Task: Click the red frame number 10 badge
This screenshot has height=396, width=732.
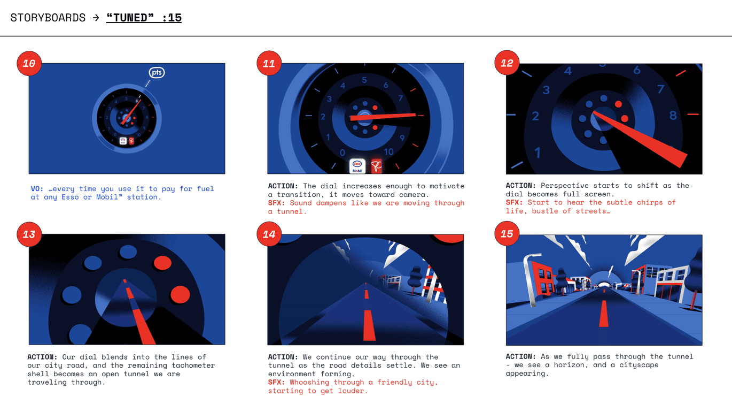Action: pyautogui.click(x=29, y=63)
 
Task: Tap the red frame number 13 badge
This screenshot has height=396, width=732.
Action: pyautogui.click(x=29, y=234)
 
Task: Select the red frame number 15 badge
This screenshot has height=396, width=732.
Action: pyautogui.click(x=507, y=234)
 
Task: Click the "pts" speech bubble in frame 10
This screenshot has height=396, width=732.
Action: pyautogui.click(x=157, y=72)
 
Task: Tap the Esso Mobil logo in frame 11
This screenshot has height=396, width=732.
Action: pyautogui.click(x=357, y=166)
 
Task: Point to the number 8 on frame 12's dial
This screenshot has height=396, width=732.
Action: pyautogui.click(x=673, y=116)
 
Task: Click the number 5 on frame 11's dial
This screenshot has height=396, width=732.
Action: pyautogui.click(x=364, y=80)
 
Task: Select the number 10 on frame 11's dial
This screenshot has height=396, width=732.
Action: pyautogui.click(x=388, y=152)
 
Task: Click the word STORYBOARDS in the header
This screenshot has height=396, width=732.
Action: pyautogui.click(x=48, y=18)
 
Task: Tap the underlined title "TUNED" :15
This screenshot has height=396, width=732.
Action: pyautogui.click(x=144, y=18)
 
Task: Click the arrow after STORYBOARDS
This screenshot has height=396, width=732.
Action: pyautogui.click(x=96, y=18)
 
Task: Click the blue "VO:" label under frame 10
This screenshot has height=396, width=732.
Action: pyautogui.click(x=37, y=188)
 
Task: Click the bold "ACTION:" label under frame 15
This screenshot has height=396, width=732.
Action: pyautogui.click(x=521, y=356)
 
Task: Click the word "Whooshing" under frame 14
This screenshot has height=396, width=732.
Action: pyautogui.click(x=309, y=382)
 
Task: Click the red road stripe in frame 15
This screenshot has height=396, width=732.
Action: pyautogui.click(x=604, y=313)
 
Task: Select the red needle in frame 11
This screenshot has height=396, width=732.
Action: pyautogui.click(x=383, y=117)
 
